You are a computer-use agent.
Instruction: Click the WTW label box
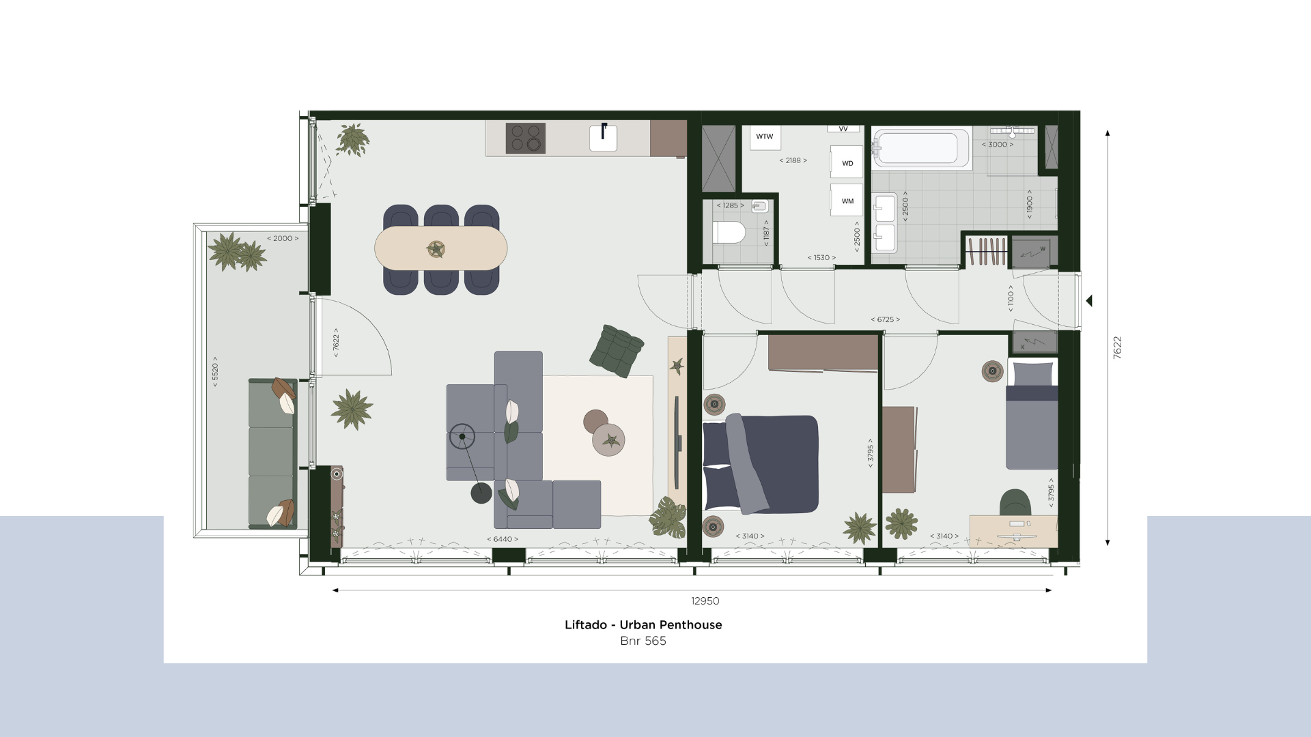click(765, 137)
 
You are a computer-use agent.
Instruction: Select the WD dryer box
click(847, 162)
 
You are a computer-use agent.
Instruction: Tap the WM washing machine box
click(847, 201)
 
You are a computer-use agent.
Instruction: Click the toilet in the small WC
click(729, 233)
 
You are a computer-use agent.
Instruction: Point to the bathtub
click(921, 147)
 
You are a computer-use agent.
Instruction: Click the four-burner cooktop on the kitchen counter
click(526, 138)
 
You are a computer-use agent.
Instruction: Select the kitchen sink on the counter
click(603, 137)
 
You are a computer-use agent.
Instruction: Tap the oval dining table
click(441, 248)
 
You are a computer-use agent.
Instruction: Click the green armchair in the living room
click(617, 350)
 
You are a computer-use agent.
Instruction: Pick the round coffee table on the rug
click(608, 439)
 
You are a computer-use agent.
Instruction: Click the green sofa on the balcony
click(272, 453)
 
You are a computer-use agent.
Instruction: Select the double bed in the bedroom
click(760, 463)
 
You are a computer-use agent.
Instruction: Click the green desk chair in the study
click(1015, 502)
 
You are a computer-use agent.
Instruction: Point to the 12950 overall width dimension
click(705, 601)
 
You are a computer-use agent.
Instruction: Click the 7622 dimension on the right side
click(1117, 347)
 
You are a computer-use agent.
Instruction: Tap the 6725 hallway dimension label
click(885, 319)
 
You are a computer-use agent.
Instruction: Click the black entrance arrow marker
click(1089, 300)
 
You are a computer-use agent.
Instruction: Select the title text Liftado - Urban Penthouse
click(643, 624)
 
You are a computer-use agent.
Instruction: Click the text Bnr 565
click(643, 641)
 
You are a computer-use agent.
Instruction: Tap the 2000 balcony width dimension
click(283, 238)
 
